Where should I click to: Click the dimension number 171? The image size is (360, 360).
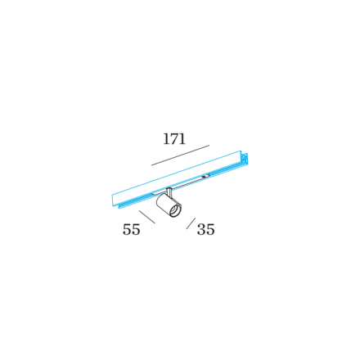point(174,138)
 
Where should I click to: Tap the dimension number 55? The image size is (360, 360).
point(131,229)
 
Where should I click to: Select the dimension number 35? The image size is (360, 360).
point(205,229)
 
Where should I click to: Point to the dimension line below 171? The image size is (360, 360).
point(180,155)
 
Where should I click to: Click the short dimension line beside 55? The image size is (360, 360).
point(147,217)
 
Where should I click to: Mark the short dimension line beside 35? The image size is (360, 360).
point(191,223)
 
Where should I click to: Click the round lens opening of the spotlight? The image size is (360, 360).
point(174,211)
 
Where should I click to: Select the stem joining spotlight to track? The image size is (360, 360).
point(169,191)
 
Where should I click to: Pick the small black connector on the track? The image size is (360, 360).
point(205,177)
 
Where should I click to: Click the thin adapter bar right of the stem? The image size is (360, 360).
point(189,183)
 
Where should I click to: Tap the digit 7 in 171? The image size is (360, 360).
point(174,139)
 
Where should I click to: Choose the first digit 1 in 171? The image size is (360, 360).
point(166,139)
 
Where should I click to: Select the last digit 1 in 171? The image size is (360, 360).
point(182,139)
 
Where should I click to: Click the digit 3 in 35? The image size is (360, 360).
point(201,229)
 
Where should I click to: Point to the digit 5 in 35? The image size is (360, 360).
point(210,229)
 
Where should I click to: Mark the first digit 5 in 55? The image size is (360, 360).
point(127,229)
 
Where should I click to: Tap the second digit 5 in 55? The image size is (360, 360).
point(136,229)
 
